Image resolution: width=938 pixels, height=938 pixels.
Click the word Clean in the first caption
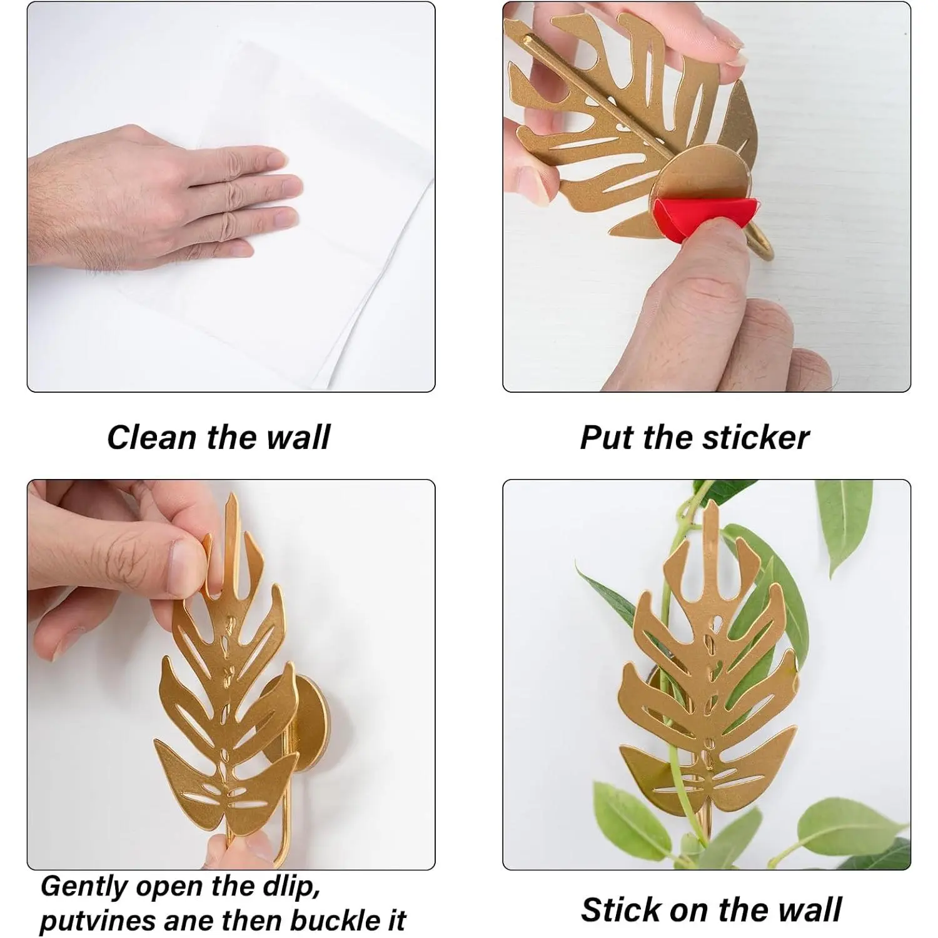(x=153, y=437)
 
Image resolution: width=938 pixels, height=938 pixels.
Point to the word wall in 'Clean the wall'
(x=298, y=437)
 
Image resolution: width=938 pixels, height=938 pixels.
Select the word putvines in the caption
(x=91, y=921)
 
